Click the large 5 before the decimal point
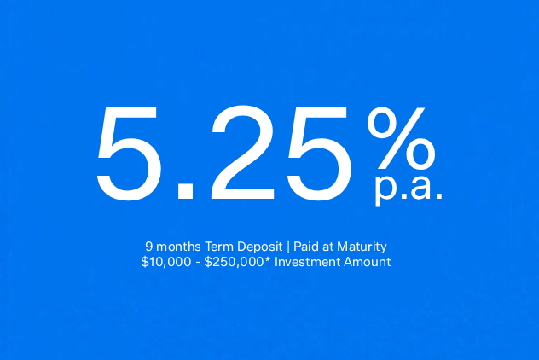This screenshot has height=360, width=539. (129, 154)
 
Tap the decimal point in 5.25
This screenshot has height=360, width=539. (186, 191)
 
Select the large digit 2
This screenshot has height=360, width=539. (243, 153)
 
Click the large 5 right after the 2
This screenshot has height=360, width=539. (319, 154)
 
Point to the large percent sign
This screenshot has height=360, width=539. (401, 138)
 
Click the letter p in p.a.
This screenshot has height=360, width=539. (385, 189)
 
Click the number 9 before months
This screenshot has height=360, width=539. (148, 247)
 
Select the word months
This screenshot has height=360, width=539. (178, 247)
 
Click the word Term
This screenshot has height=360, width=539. (219, 247)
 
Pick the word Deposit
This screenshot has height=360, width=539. (260, 247)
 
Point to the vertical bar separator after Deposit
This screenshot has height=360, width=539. (288, 247)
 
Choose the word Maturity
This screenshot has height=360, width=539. (362, 247)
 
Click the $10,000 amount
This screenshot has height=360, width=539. (166, 262)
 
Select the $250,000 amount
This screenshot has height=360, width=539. (234, 262)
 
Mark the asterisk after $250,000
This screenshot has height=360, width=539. (268, 259)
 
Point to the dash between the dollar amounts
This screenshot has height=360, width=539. (198, 264)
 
